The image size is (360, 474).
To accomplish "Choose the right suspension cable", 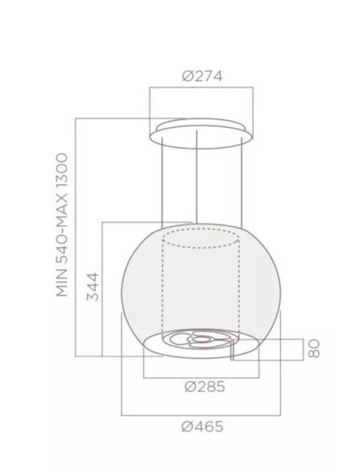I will pyautogui.click(x=239, y=183).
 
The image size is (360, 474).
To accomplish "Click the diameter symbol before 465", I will pyautogui.click(x=184, y=426).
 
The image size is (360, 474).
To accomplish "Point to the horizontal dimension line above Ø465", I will pyautogui.click(x=199, y=411).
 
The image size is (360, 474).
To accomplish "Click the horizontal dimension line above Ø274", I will pyautogui.click(x=199, y=88).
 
